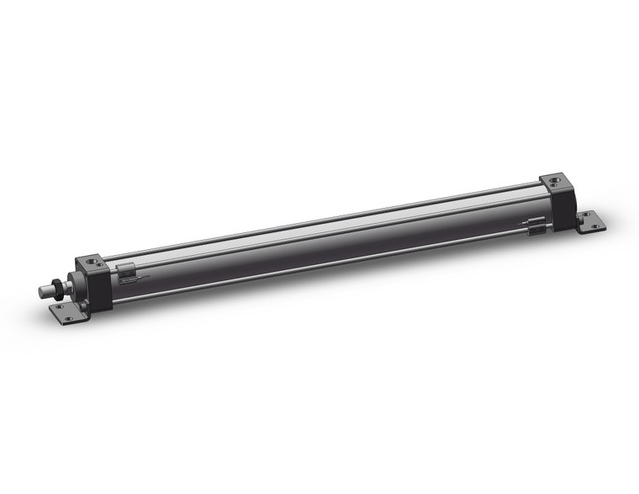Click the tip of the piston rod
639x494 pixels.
(42, 292)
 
